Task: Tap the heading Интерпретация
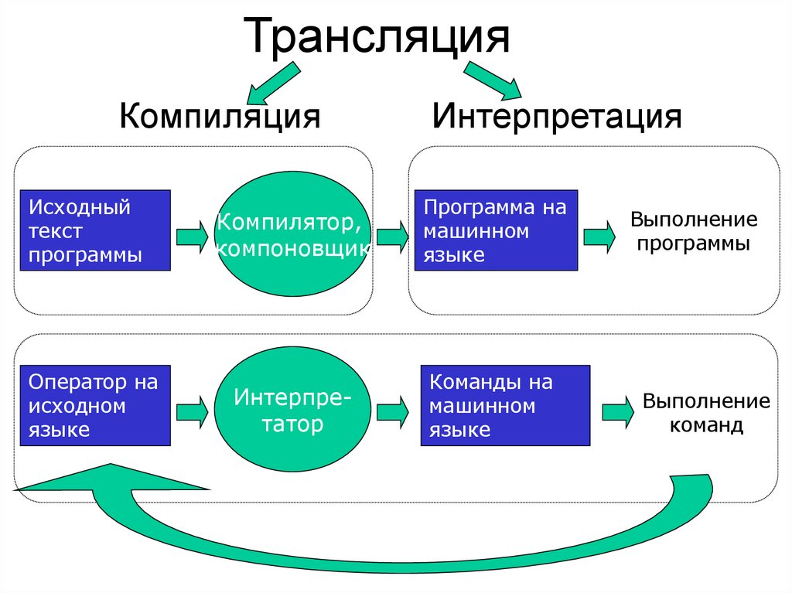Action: tap(557, 117)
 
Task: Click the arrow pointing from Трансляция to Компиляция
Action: tap(271, 84)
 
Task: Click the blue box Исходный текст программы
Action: tap(94, 230)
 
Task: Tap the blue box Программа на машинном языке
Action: tap(496, 230)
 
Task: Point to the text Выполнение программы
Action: tap(692, 231)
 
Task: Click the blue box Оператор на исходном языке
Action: tap(94, 405)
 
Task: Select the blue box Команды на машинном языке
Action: tap(505, 405)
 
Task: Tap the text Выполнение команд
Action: tap(706, 413)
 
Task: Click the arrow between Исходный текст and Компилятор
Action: tap(192, 235)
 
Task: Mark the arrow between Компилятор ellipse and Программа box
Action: tap(393, 235)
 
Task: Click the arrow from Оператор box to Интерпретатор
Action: tap(192, 410)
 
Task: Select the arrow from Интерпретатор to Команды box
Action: tap(393, 410)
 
